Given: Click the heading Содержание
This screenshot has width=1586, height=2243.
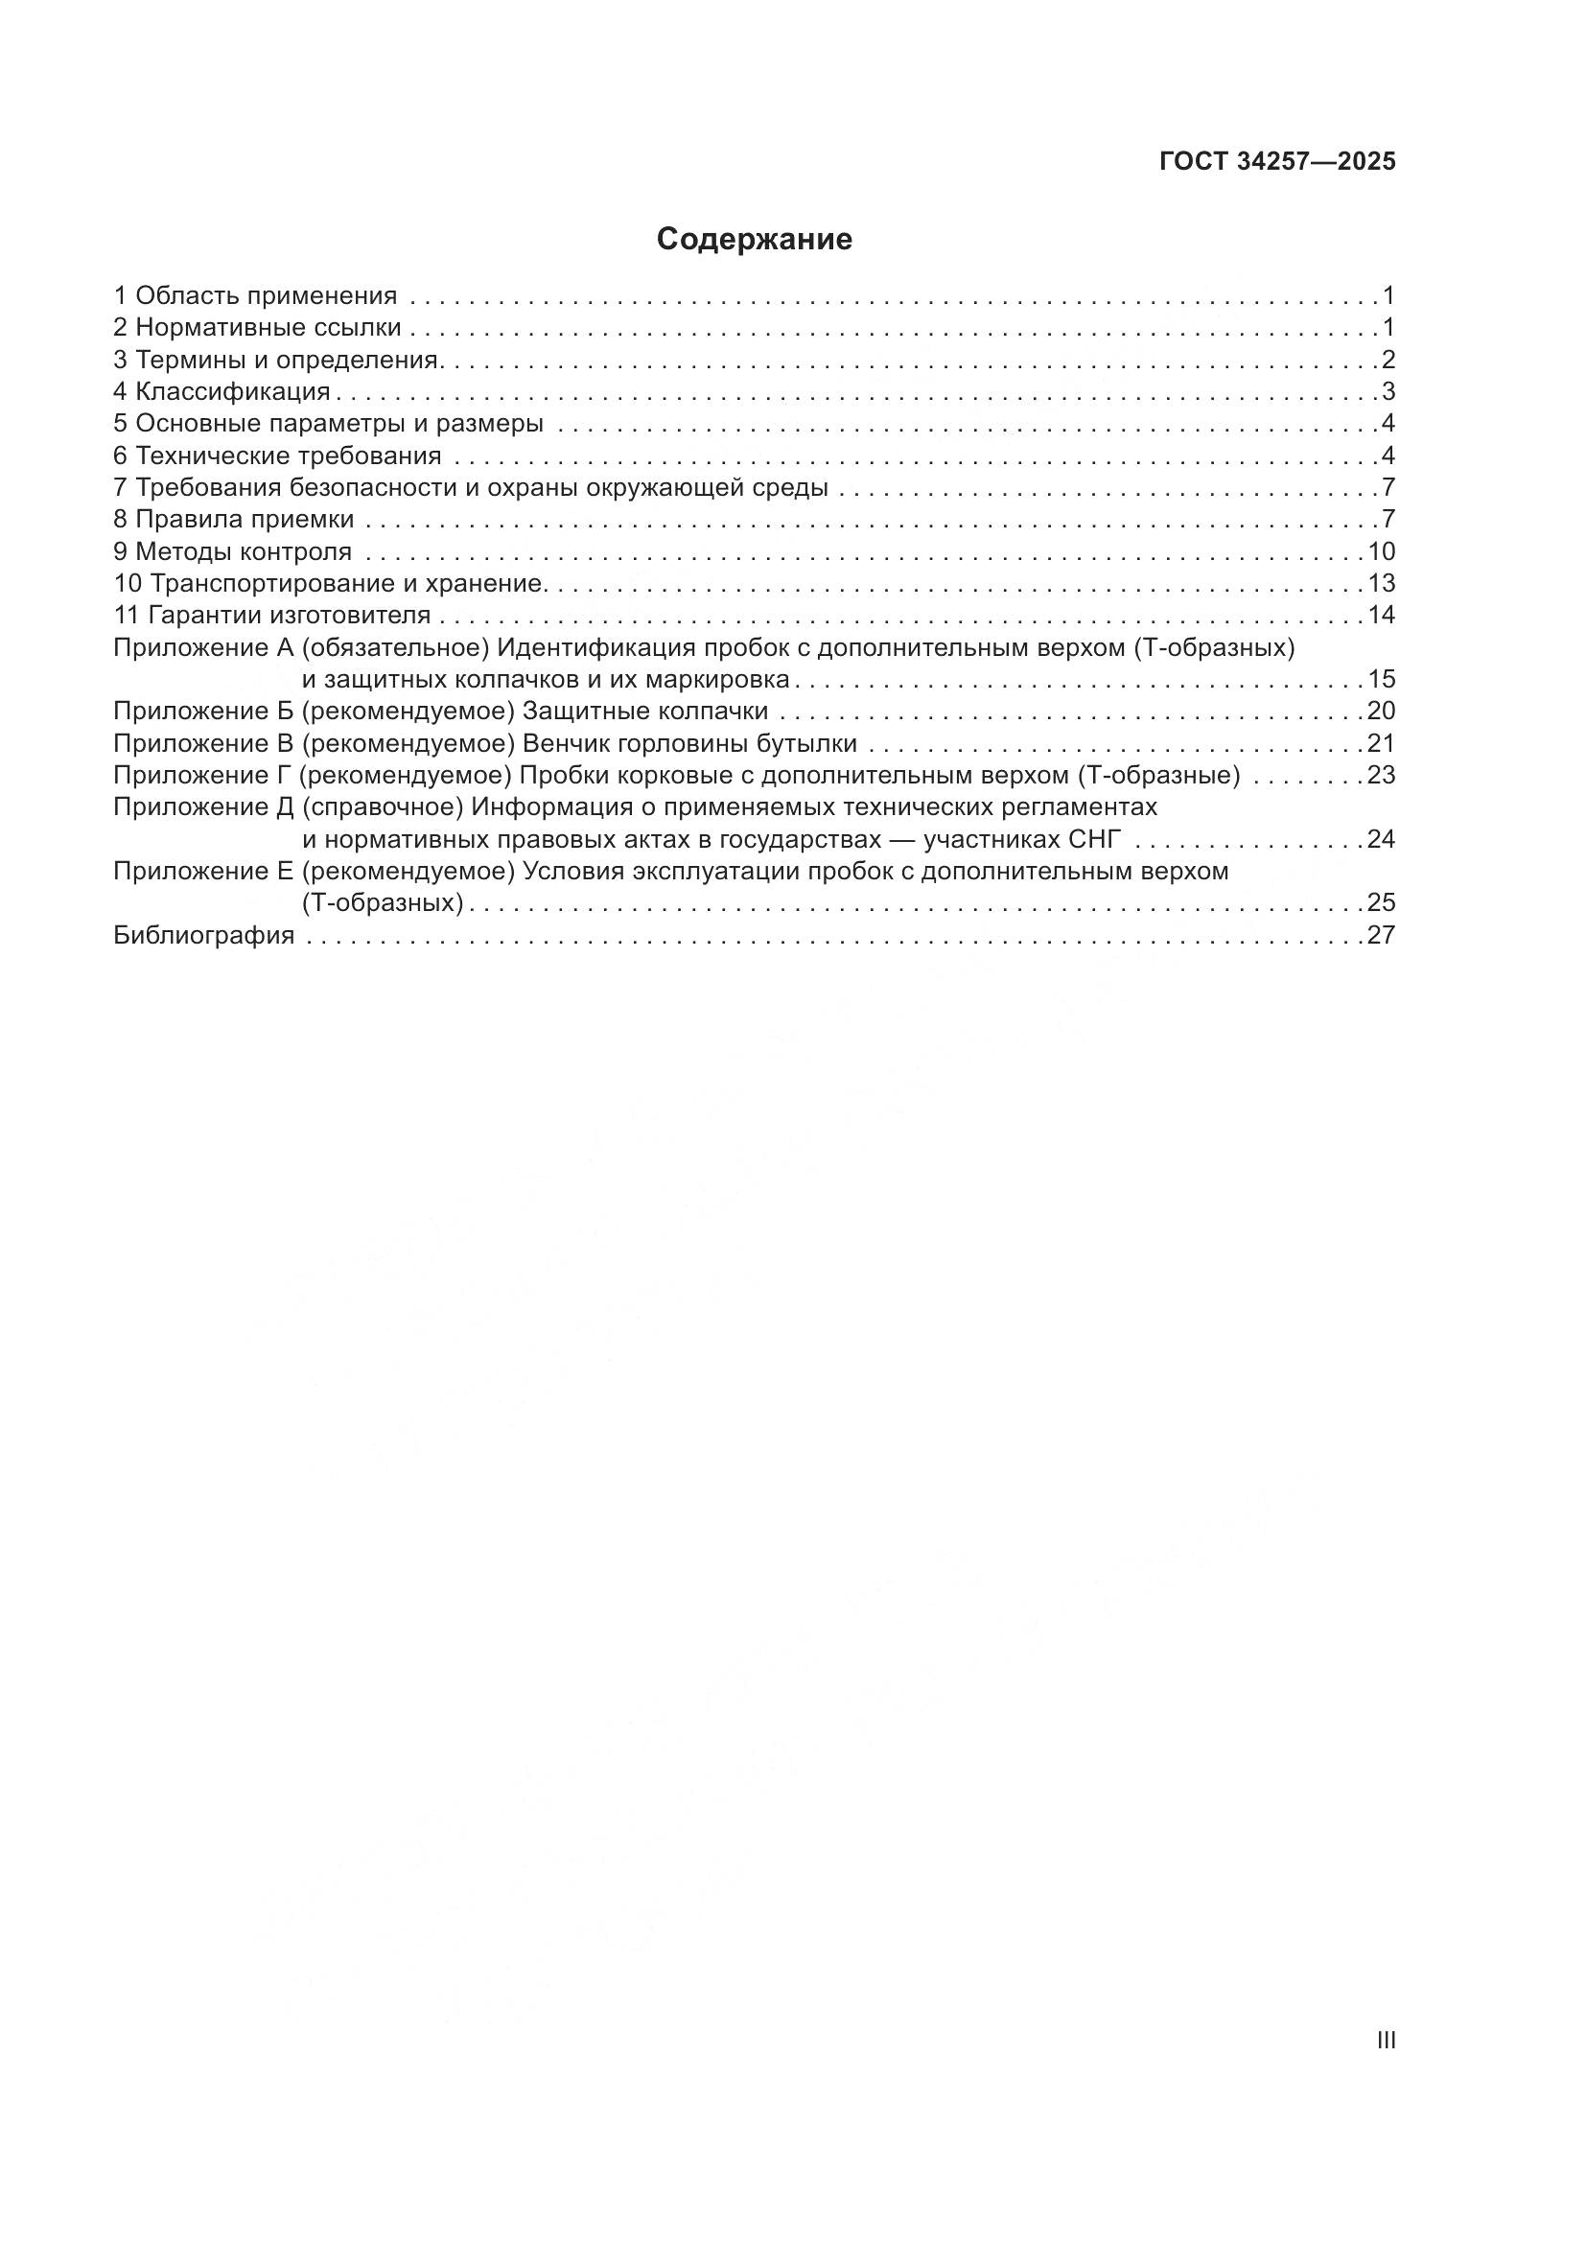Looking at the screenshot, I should [754, 240].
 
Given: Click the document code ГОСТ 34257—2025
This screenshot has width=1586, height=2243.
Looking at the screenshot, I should [1277, 162].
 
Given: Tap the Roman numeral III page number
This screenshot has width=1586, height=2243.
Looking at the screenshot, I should [1385, 2040].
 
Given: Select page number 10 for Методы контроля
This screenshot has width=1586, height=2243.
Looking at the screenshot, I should [1381, 552].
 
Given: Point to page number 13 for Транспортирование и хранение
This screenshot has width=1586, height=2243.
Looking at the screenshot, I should [1381, 584].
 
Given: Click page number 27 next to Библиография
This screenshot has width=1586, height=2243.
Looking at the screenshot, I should [1381, 935].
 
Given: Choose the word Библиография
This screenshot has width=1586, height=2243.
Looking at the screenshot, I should [204, 935].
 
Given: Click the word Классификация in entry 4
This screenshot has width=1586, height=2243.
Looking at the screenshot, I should [232, 392].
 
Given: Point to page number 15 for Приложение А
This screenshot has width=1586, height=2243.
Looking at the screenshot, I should [1381, 679].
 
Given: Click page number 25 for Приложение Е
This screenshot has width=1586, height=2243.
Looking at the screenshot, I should [1381, 901].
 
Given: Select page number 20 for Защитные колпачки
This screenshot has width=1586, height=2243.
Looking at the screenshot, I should [1381, 712].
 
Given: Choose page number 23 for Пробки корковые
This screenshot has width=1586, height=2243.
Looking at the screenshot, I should [1381, 776].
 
